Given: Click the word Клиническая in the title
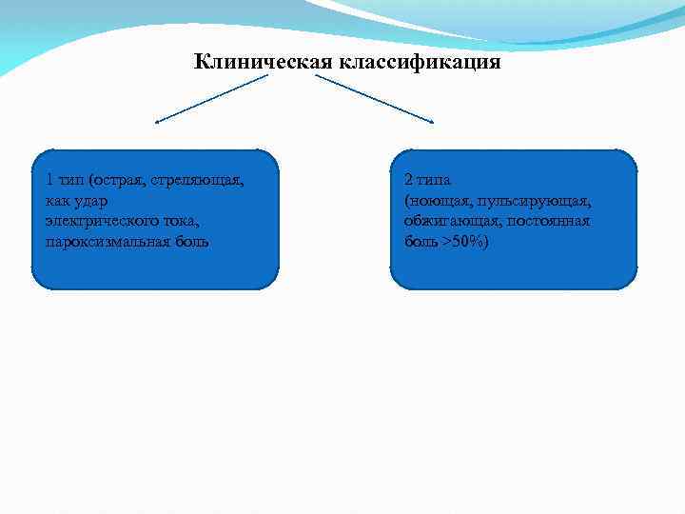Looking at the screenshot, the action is pyautogui.click(x=260, y=63).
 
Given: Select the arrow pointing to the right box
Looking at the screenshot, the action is pyautogui.click(x=376, y=99).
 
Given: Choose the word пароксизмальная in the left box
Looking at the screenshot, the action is pyautogui.click(x=103, y=241).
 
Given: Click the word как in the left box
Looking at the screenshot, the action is pyautogui.click(x=56, y=201).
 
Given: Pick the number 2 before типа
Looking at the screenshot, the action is pyautogui.click(x=408, y=180).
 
